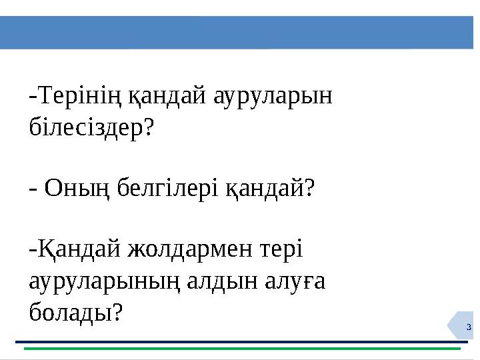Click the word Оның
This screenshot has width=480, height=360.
(73, 189)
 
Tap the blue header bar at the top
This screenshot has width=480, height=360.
(240, 33)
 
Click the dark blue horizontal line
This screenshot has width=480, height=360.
(240, 341)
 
